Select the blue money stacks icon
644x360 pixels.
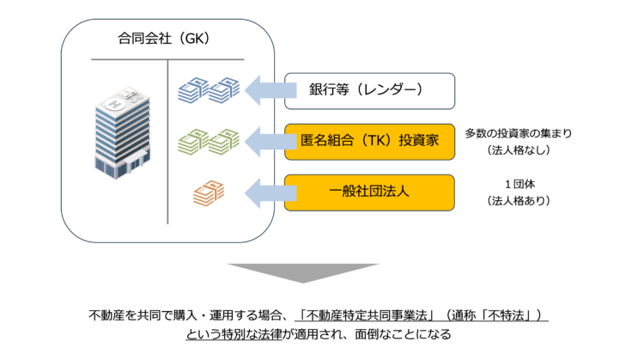pos(207,88)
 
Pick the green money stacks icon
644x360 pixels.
pos(207,140)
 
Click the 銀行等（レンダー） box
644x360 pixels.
pos(369,90)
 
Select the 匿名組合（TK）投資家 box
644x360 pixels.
pos(369,141)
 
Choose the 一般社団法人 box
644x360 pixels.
pos(369,192)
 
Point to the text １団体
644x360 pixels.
pos(517,184)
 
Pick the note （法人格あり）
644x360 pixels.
pos(517,201)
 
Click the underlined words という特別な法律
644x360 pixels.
pos(229,333)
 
